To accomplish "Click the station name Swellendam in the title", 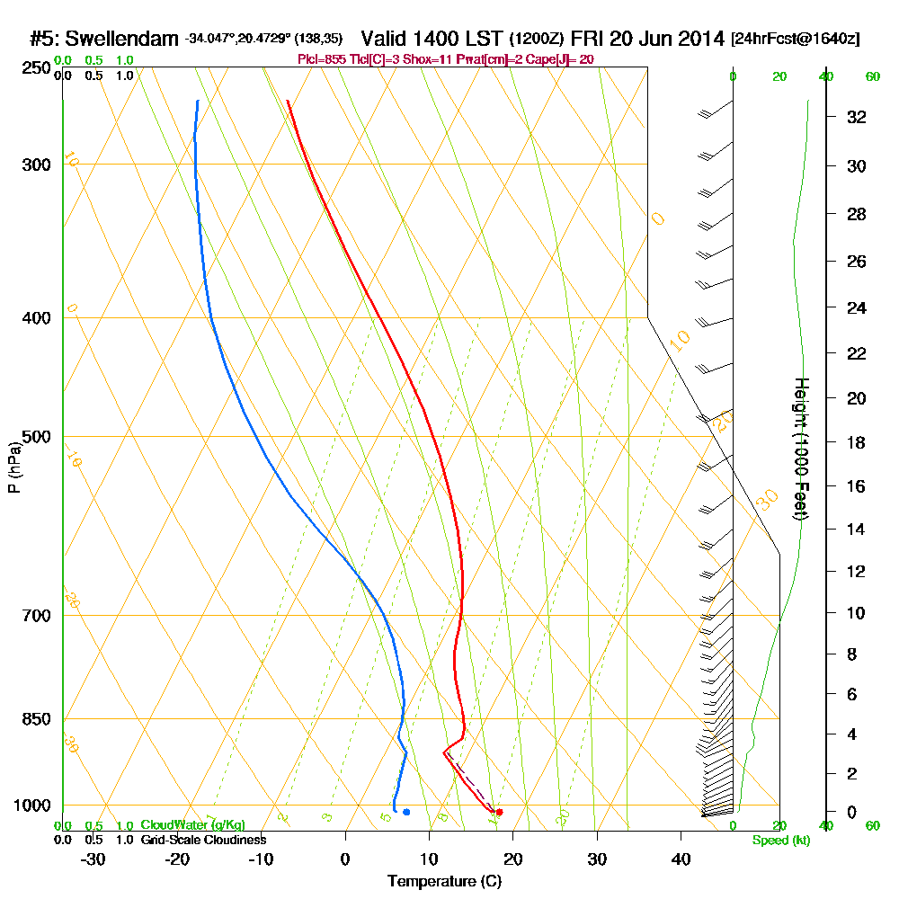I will pos(123,39).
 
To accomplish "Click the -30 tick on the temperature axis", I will pos(93,859).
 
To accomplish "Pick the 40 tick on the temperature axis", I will pos(681,859).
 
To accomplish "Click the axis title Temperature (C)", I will pos(444,881).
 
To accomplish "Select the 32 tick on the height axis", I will pos(857,117).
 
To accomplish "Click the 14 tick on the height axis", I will pos(857,530).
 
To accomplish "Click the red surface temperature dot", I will pos(499,812).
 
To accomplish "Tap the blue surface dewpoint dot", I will pos(406,812).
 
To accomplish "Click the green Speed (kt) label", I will pos(780,840).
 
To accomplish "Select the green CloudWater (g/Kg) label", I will pos(192,825).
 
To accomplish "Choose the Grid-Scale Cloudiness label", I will pos(202,840).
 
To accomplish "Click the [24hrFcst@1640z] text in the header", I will pos(795,39).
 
